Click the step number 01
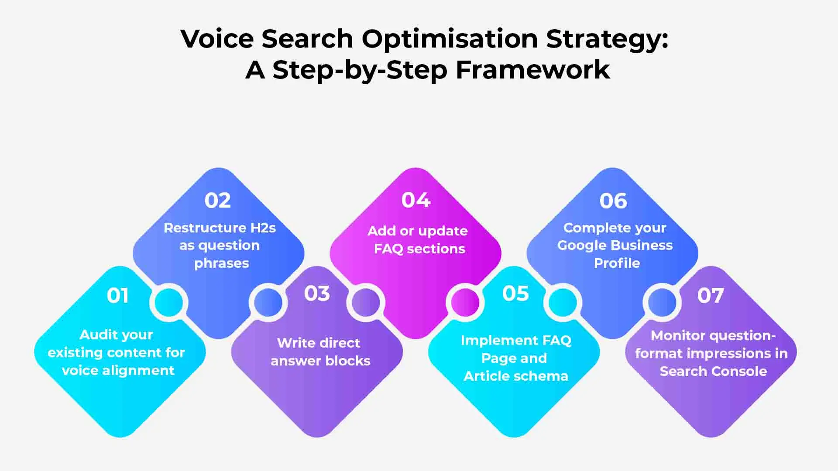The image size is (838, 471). [117, 296]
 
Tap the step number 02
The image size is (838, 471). [217, 201]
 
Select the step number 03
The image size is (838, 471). [317, 294]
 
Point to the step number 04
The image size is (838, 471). [416, 200]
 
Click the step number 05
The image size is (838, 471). [515, 294]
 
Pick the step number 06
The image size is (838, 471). [613, 201]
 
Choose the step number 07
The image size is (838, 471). [711, 296]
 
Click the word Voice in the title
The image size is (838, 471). [217, 38]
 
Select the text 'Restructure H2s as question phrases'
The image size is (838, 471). [220, 246]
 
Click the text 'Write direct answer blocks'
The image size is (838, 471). [319, 352]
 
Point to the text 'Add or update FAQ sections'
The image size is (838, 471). [418, 239]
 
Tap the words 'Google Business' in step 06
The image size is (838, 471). [615, 245]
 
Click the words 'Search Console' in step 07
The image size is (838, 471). [713, 371]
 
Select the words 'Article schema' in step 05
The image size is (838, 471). [515, 376]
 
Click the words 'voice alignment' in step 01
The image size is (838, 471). [118, 370]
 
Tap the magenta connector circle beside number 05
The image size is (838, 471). [465, 302]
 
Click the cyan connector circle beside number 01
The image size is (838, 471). [168, 302]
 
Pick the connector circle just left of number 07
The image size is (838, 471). [662, 302]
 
